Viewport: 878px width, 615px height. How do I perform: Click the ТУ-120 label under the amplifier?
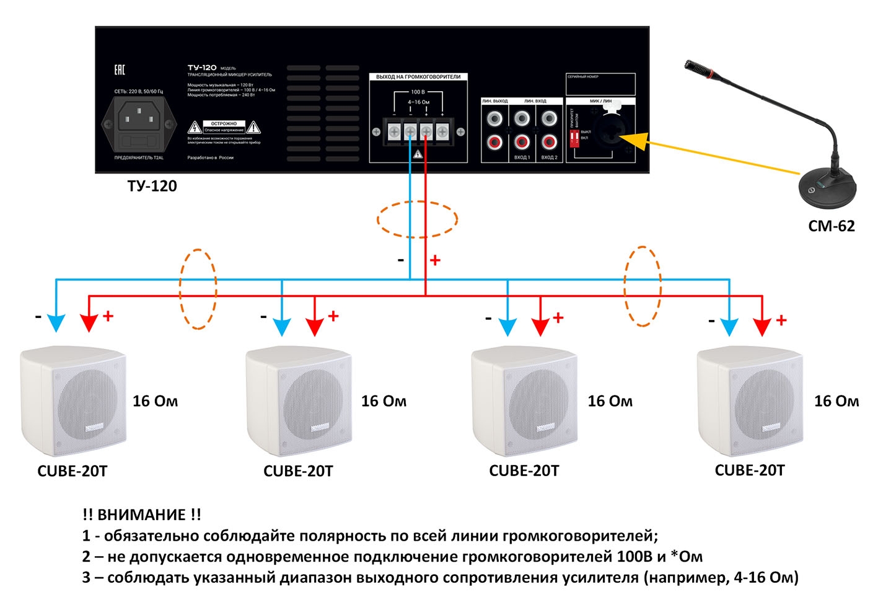152,186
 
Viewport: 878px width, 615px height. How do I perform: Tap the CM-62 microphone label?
831,226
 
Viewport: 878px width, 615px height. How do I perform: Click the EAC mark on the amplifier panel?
120,70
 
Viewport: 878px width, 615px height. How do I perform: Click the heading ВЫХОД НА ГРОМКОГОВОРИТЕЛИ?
418,77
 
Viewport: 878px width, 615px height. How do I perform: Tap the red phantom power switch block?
574,136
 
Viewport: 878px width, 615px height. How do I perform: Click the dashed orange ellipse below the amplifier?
418,219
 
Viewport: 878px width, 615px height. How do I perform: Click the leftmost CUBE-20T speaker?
73,402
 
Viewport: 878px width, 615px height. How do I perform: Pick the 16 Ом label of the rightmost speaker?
836,401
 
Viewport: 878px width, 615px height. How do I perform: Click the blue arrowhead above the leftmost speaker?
56,324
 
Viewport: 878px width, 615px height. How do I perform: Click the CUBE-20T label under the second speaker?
298,472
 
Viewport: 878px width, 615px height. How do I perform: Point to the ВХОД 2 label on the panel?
549,157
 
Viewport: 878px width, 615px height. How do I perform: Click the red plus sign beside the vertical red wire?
436,260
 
